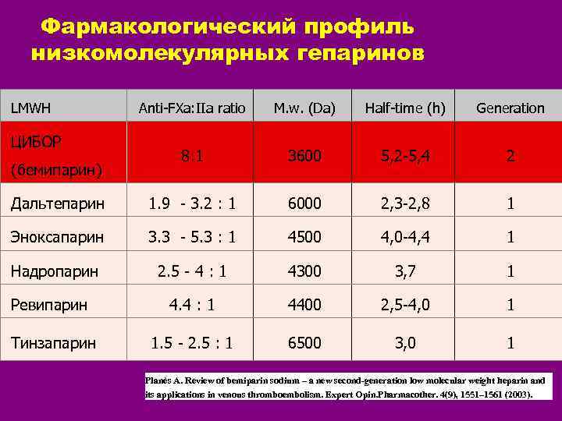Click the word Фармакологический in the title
coord(165,27)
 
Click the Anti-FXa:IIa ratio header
coord(191,108)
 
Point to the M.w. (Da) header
coord(304,108)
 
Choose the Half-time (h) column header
coord(405,108)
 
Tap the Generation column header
coord(510,108)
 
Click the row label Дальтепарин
coord(57,203)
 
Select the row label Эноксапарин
coord(57,237)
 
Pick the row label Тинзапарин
coord(54,342)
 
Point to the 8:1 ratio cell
coord(191,156)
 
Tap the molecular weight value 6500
coord(304,342)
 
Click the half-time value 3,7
coord(405,271)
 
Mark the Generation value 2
coord(510,156)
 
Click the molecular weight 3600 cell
coord(304,156)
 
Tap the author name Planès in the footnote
coord(159,380)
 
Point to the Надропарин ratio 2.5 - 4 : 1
coord(191,271)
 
